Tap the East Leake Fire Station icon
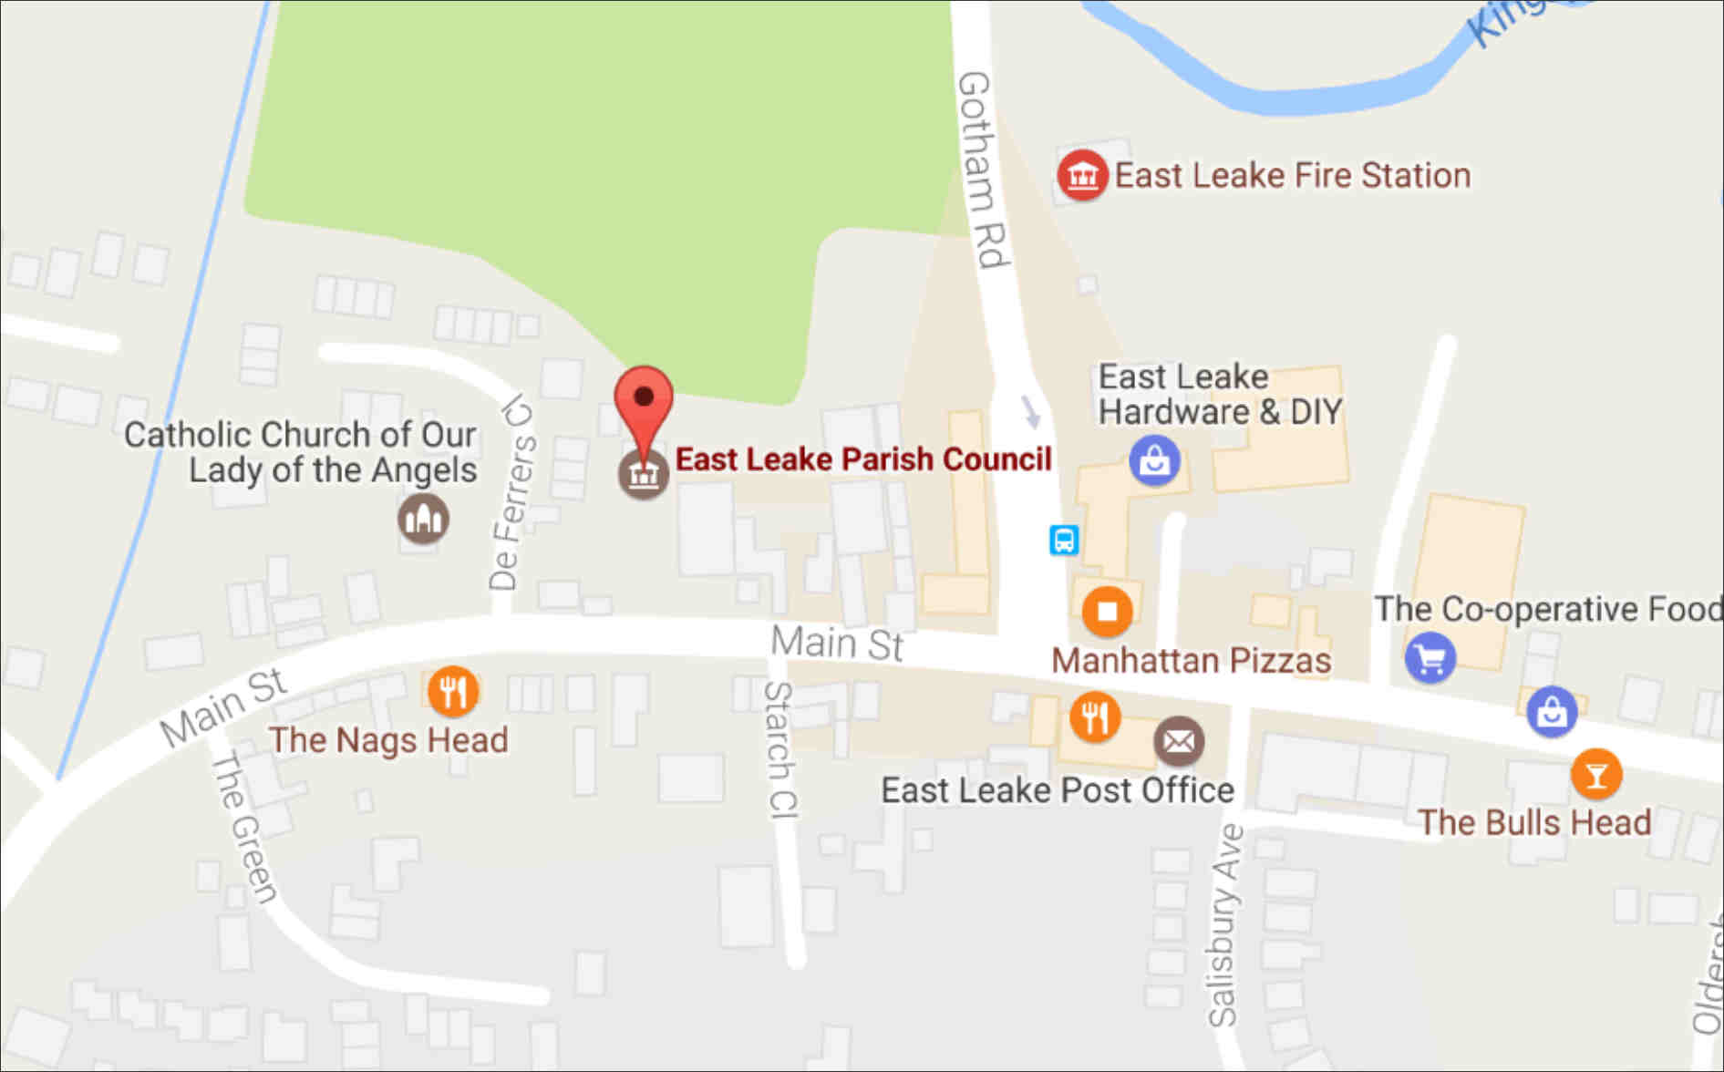click(1082, 174)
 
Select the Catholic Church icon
click(423, 519)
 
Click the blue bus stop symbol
click(1064, 540)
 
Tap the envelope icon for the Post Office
click(1179, 741)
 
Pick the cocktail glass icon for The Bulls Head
click(1596, 774)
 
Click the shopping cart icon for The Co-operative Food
click(1430, 657)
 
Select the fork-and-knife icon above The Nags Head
click(453, 691)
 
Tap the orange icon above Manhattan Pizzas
click(1107, 610)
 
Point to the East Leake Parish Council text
click(862, 459)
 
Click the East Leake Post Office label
click(1057, 790)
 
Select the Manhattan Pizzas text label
click(1191, 660)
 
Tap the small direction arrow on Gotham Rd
click(1031, 411)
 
